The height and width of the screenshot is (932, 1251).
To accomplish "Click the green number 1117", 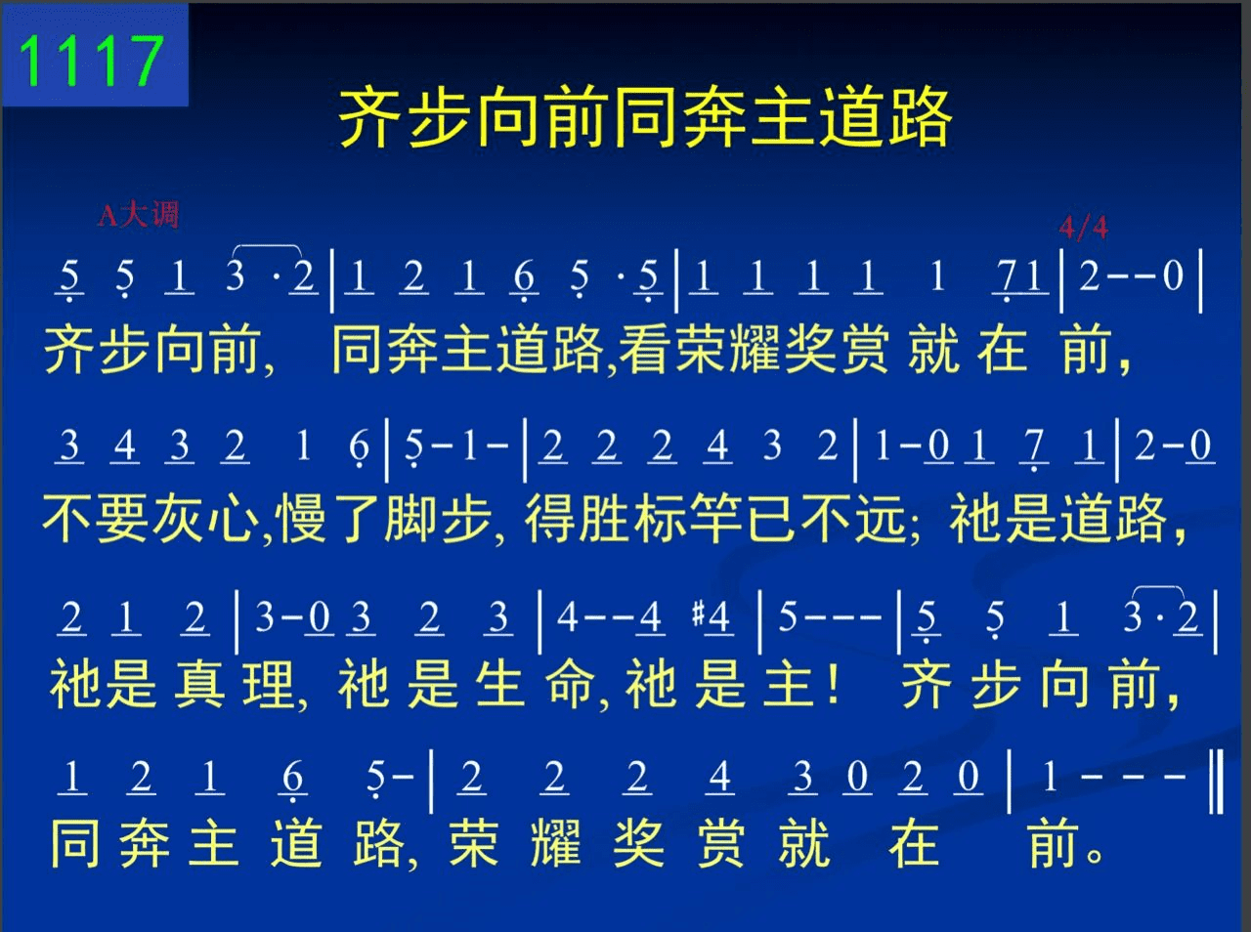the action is point(92,61).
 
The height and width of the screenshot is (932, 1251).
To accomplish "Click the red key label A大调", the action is point(139,215).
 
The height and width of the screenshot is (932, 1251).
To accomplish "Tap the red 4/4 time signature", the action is point(1084,228).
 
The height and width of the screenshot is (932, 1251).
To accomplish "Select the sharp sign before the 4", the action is point(698,615).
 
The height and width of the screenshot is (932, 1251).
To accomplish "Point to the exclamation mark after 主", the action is point(835,683).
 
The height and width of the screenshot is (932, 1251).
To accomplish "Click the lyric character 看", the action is point(644,349).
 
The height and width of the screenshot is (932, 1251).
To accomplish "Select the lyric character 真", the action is point(199,684).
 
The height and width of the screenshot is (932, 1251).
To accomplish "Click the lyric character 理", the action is point(267,684).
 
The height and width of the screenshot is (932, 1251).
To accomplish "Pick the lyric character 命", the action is point(570,684).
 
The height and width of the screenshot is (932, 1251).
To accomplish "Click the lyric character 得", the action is point(549,518).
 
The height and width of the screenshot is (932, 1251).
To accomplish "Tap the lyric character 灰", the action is point(178,518).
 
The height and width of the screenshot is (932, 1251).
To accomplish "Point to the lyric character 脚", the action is point(410,518).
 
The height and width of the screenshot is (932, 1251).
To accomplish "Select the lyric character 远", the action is point(882,518).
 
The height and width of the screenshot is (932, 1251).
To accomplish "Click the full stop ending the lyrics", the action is point(1095,855).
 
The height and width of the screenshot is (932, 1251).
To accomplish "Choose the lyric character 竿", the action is point(715,518).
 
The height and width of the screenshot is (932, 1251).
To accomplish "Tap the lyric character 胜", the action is point(604,518).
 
